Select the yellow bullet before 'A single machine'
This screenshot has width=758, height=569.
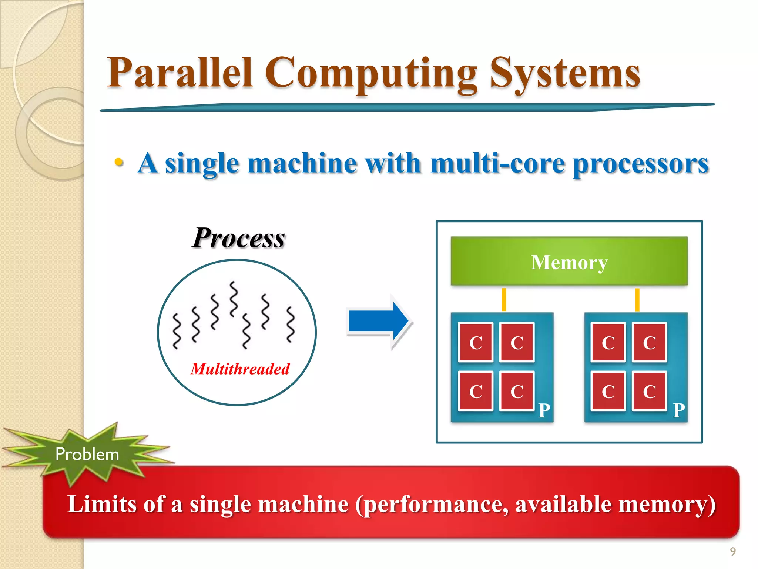[118, 162]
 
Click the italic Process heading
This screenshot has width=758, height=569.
[239, 238]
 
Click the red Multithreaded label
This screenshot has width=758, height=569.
[240, 369]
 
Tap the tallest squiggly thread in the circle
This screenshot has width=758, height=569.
[233, 299]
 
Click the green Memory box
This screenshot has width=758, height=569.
[569, 262]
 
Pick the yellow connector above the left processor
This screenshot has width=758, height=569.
[504, 299]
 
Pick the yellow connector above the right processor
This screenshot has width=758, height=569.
[637, 299]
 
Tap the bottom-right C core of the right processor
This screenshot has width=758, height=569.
[649, 391]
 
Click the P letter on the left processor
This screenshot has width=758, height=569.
[544, 410]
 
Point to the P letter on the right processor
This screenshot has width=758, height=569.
[679, 410]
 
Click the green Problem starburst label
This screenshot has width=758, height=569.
[87, 454]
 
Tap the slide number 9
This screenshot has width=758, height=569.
[732, 552]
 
